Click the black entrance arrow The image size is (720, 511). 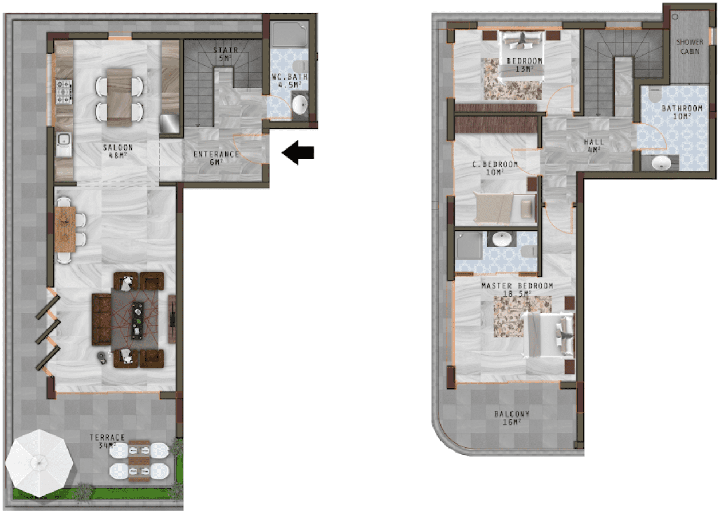pyautogui.click(x=298, y=152)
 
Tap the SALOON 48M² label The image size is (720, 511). pyautogui.click(x=117, y=152)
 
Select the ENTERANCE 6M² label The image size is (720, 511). pyautogui.click(x=217, y=158)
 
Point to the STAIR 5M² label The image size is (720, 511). pyautogui.click(x=226, y=54)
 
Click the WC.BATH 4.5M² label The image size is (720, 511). pyautogui.click(x=290, y=81)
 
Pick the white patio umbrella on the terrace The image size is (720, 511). pyautogui.click(x=39, y=463)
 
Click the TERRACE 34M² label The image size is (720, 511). pyautogui.click(x=107, y=442)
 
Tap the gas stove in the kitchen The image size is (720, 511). pyautogui.click(x=64, y=92)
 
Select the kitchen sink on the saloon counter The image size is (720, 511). pyautogui.click(x=64, y=144)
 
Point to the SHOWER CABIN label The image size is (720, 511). pyautogui.click(x=690, y=46)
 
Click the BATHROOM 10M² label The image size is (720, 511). pyautogui.click(x=682, y=112)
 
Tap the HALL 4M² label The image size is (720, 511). pyautogui.click(x=594, y=146)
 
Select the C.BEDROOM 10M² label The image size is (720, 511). pyautogui.click(x=495, y=168)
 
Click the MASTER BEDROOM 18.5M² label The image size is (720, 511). pyautogui.click(x=517, y=289)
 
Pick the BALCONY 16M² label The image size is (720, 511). pyautogui.click(x=512, y=418)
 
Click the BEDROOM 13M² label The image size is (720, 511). pyautogui.click(x=525, y=65)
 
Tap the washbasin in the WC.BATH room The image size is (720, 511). pyautogui.click(x=300, y=104)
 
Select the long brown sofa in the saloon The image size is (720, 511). pyautogui.click(x=101, y=320)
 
